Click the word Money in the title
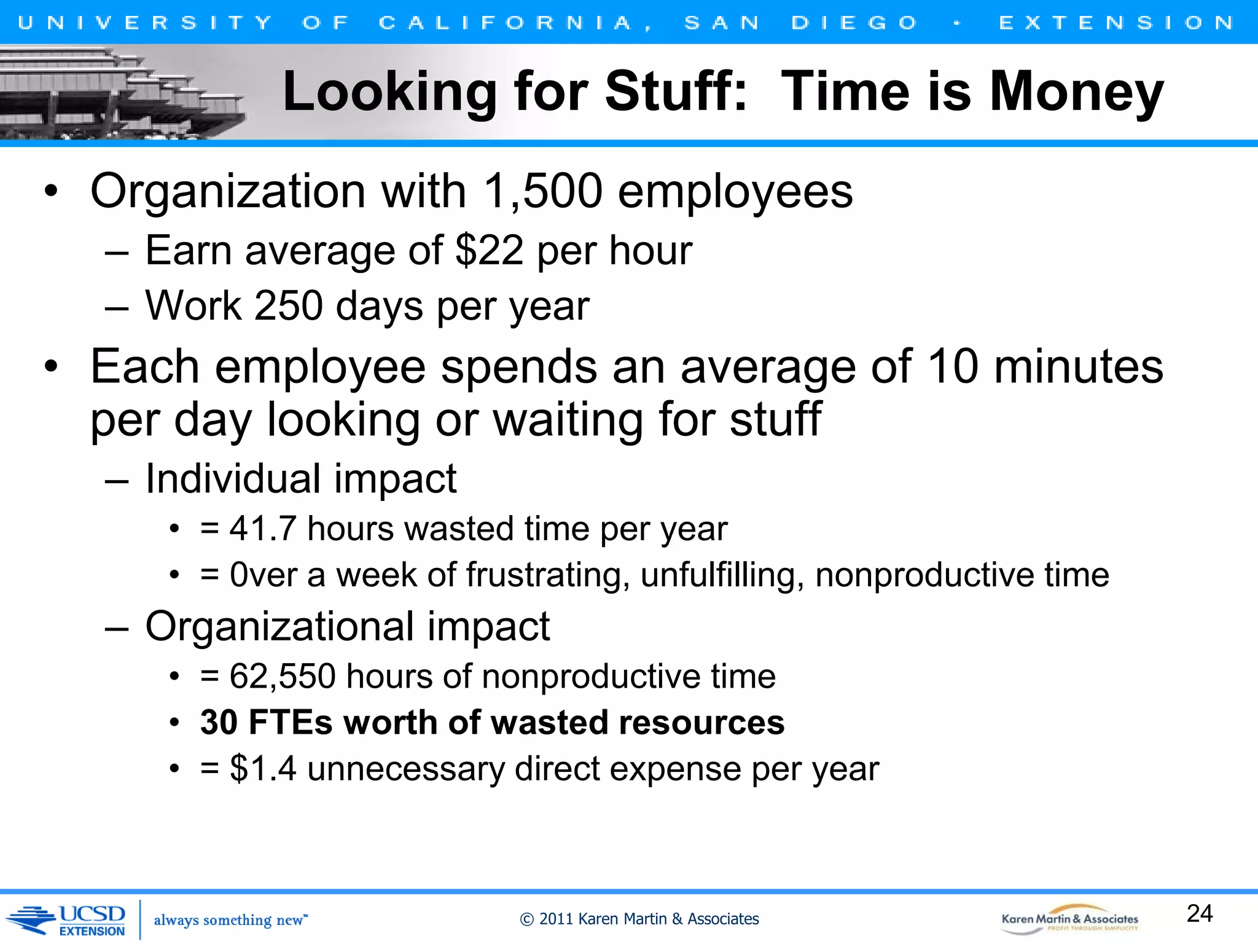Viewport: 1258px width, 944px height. (x=1076, y=92)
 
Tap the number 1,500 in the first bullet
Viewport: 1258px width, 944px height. (x=543, y=191)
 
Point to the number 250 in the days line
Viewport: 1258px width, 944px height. (x=288, y=305)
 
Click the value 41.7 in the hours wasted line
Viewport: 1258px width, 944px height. (x=263, y=529)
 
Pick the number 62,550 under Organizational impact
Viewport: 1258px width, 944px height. (x=283, y=677)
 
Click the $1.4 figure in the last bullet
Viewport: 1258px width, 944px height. (x=263, y=769)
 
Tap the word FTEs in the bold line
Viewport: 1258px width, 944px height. (x=291, y=722)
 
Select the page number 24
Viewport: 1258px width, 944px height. (x=1199, y=914)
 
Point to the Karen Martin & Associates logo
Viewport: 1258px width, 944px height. (x=1069, y=920)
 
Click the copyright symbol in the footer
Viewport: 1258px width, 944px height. (x=526, y=919)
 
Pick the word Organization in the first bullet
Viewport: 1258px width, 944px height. (x=228, y=191)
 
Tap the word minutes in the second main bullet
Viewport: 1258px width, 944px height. (x=1078, y=367)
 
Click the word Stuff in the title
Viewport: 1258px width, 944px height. (x=676, y=92)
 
